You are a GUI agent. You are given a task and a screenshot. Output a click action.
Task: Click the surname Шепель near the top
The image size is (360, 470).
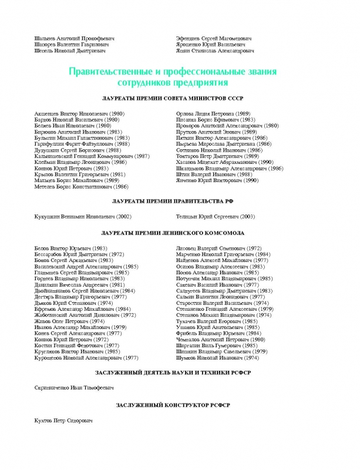pos(45,51)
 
